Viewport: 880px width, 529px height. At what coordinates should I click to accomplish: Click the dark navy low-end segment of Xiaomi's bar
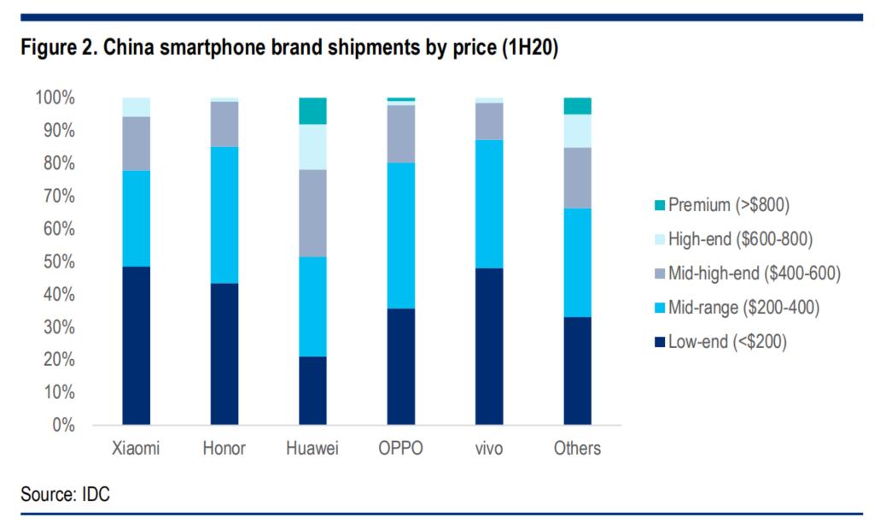(x=136, y=346)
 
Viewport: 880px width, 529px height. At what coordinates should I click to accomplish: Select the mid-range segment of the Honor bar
(x=224, y=215)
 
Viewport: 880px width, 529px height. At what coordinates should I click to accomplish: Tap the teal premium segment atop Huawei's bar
(x=312, y=111)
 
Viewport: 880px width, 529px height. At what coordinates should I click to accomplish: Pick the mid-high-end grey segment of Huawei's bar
(x=312, y=213)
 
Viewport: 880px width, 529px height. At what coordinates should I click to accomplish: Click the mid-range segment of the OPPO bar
(x=401, y=235)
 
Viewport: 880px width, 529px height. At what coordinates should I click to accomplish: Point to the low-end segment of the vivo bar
(x=489, y=346)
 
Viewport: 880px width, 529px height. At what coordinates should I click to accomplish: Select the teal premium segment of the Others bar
(x=578, y=106)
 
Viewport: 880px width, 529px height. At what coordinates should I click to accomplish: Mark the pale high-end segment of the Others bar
(x=578, y=131)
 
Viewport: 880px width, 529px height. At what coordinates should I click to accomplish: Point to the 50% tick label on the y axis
(x=60, y=262)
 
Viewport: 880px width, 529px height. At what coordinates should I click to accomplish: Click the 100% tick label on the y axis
(x=55, y=98)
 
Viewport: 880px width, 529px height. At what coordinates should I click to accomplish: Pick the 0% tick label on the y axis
(x=63, y=425)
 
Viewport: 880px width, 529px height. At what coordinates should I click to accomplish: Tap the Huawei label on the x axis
(x=312, y=449)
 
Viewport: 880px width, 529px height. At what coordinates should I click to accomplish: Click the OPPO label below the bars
(x=401, y=449)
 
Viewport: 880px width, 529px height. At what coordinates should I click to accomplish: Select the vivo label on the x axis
(x=489, y=449)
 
